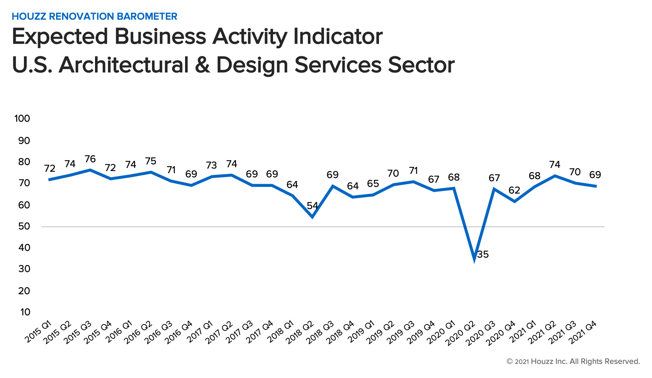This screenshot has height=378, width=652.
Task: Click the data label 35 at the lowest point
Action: (483, 254)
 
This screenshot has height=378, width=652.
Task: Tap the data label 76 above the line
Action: (90, 159)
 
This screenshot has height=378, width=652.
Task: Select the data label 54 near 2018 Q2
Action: (312, 206)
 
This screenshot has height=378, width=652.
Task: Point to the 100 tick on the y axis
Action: (22, 119)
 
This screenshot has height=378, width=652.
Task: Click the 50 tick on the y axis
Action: (24, 226)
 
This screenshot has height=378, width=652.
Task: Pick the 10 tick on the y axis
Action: (25, 312)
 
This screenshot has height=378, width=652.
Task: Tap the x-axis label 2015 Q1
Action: (38, 332)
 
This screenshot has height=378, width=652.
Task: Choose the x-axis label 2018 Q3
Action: (320, 333)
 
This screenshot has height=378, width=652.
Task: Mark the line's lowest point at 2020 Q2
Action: (474, 259)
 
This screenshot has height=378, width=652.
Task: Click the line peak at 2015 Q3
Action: (90, 170)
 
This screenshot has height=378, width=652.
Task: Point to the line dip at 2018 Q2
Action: (312, 217)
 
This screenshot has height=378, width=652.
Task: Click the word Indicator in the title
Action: (338, 37)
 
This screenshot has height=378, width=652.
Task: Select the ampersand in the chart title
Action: (202, 65)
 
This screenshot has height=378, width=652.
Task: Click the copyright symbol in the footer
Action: (509, 361)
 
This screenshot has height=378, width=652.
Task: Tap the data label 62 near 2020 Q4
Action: (514, 190)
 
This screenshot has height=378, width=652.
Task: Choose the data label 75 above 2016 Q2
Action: (151, 161)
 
